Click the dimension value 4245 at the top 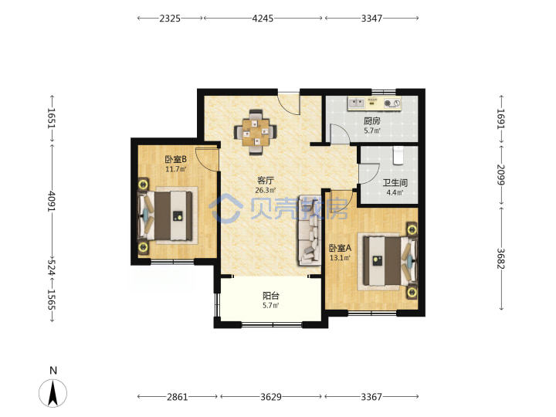[x=263, y=18]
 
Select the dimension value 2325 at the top [x=170, y=18]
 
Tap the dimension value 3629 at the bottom [x=271, y=397]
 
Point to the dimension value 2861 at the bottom [x=178, y=397]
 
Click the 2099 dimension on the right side [x=500, y=175]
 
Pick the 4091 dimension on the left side [x=52, y=202]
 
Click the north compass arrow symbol [x=53, y=393]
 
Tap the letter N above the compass [x=53, y=371]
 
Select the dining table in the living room [x=255, y=133]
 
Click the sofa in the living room [x=309, y=230]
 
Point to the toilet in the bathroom [x=398, y=155]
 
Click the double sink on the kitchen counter [x=357, y=103]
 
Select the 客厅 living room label [x=265, y=181]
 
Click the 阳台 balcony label [x=271, y=296]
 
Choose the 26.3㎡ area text [x=265, y=191]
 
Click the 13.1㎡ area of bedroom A [x=340, y=258]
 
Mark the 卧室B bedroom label [x=175, y=159]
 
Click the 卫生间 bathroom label [x=395, y=183]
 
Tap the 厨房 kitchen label [x=372, y=121]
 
